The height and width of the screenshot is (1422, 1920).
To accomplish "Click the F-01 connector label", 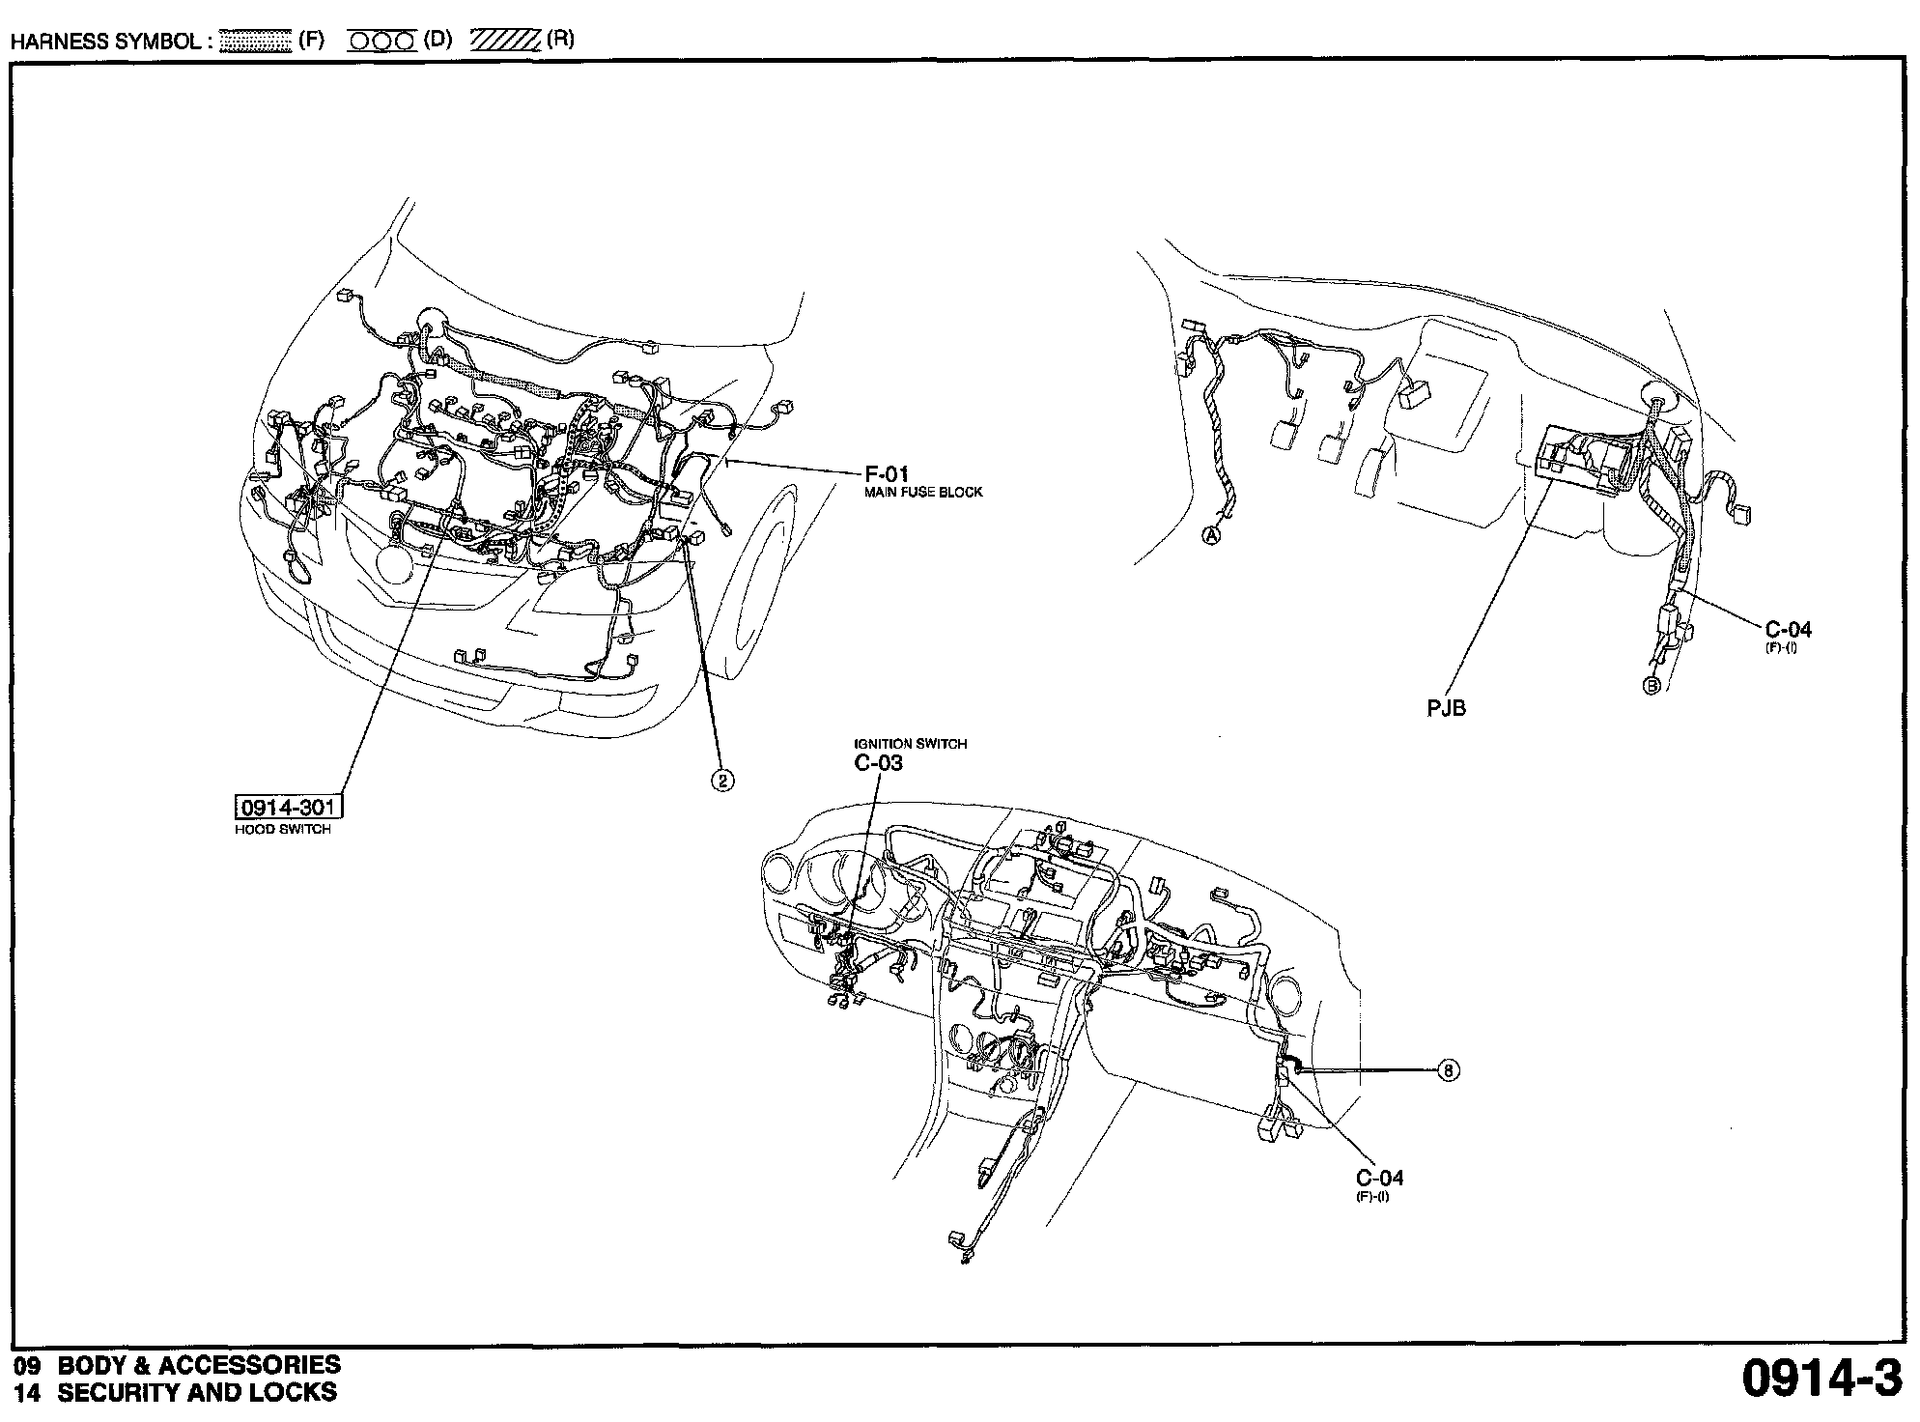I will click(x=886, y=474).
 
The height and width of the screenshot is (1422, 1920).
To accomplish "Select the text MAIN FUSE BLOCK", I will click(x=922, y=492).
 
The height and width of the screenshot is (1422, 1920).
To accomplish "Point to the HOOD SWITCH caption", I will click(x=282, y=829).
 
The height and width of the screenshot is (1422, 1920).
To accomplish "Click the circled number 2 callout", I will click(x=722, y=780).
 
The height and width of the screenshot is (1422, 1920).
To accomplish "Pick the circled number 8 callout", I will click(x=1448, y=1069).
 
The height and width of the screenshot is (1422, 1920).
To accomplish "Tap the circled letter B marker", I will click(x=1652, y=686).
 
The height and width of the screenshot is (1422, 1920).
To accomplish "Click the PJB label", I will click(x=1446, y=708).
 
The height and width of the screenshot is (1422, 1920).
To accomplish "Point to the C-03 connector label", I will click(x=878, y=763).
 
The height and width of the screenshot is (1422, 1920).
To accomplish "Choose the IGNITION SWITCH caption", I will click(x=910, y=744).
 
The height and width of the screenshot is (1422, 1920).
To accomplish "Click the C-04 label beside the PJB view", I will click(x=1788, y=630).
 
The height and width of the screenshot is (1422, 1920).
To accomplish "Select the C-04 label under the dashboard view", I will click(x=1379, y=1178).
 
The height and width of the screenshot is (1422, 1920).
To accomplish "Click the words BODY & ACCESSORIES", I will click(x=199, y=1365).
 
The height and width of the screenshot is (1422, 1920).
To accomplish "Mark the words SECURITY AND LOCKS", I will click(x=197, y=1392).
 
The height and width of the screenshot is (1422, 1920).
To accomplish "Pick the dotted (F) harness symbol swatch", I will click(x=255, y=42).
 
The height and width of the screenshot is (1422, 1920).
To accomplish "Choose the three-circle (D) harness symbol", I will click(x=382, y=42).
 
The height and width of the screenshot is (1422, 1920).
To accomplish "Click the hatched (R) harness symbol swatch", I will click(x=505, y=42).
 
